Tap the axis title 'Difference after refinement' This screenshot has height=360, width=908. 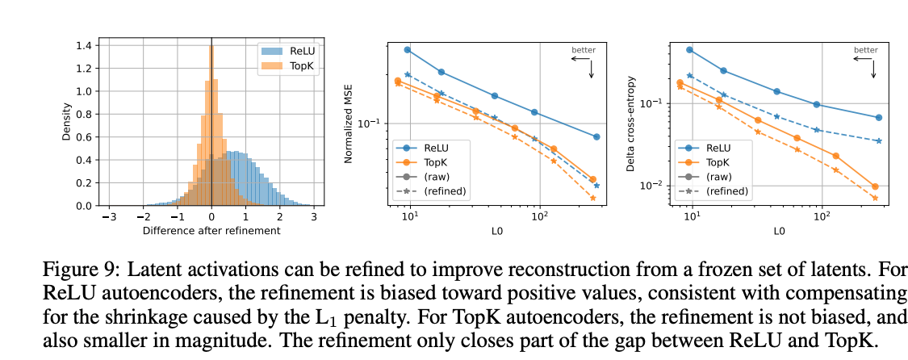pos(211,231)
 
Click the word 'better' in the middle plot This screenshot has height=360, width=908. pos(584,50)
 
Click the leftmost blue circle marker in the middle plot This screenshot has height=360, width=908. pos(408,50)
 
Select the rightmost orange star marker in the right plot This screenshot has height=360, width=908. pos(875,198)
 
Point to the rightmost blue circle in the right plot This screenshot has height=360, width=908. pos(878,117)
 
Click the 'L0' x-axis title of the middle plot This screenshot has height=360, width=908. pos(496,231)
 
